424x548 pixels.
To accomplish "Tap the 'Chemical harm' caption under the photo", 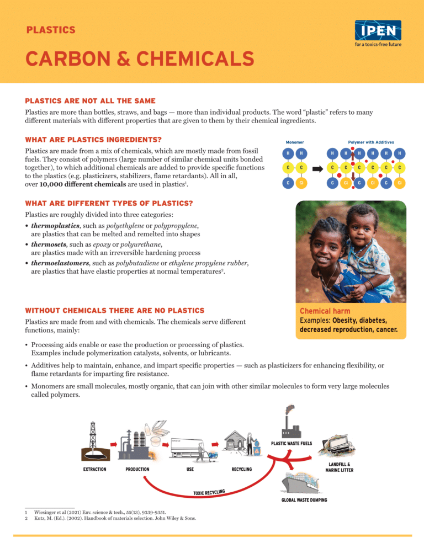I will pyautogui.click(x=325, y=311).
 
